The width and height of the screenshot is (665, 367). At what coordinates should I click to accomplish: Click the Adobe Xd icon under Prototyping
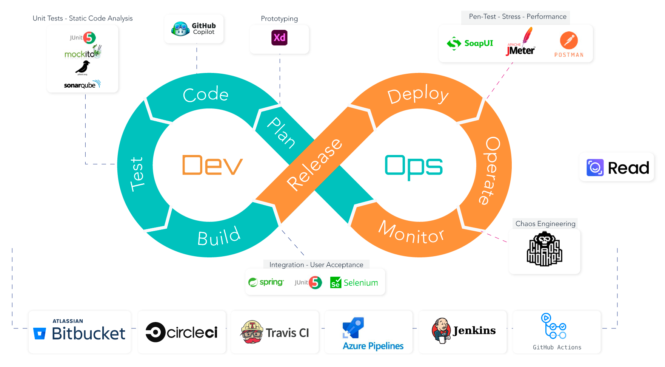click(x=279, y=38)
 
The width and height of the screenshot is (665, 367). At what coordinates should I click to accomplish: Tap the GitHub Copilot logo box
click(x=194, y=29)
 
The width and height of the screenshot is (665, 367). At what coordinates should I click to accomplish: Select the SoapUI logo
click(x=470, y=43)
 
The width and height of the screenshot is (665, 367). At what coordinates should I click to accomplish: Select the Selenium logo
click(x=354, y=283)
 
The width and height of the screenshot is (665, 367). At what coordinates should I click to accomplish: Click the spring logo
click(x=266, y=282)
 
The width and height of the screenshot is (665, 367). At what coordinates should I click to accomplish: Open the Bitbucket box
click(x=80, y=332)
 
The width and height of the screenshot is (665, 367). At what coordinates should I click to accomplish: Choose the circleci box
click(x=182, y=332)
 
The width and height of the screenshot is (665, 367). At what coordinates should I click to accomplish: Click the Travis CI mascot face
click(x=252, y=332)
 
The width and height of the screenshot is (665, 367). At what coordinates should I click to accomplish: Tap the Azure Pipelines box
click(x=368, y=332)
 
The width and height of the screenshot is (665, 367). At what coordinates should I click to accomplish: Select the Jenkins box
click(x=463, y=332)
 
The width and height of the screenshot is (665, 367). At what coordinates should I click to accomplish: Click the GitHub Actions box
click(x=557, y=332)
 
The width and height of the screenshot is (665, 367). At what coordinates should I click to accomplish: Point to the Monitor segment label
click(x=411, y=232)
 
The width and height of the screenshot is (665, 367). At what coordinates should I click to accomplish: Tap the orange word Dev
click(x=212, y=165)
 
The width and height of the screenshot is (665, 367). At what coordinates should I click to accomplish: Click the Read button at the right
click(x=617, y=167)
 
